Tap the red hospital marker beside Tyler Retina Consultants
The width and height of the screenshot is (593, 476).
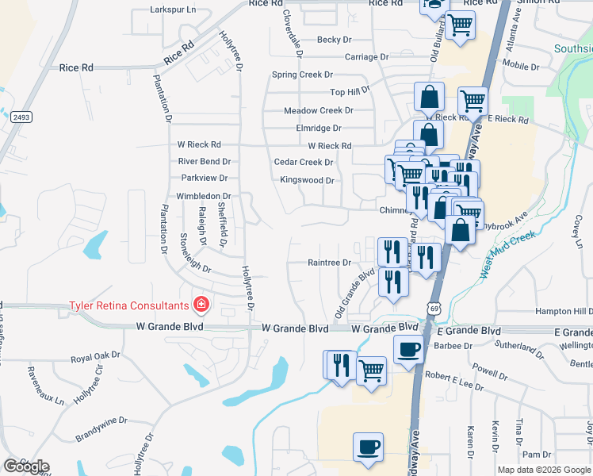(x=201, y=305)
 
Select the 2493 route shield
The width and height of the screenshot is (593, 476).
(x=21, y=117)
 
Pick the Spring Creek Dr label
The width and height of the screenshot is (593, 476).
(x=302, y=75)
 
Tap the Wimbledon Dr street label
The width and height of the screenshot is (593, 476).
(x=203, y=196)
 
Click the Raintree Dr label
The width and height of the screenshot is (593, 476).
(x=329, y=263)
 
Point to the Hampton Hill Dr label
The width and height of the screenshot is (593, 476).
(x=564, y=311)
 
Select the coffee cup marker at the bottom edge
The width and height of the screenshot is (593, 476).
(x=368, y=447)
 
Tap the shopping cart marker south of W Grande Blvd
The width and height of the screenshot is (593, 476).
(x=371, y=370)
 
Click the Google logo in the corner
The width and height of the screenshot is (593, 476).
(x=26, y=466)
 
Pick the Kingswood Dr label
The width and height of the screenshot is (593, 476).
(x=307, y=180)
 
